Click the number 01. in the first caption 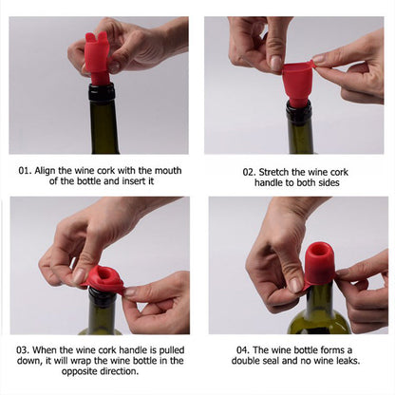(x=29, y=170)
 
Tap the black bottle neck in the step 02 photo (x=298, y=114)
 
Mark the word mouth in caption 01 (x=160, y=170)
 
